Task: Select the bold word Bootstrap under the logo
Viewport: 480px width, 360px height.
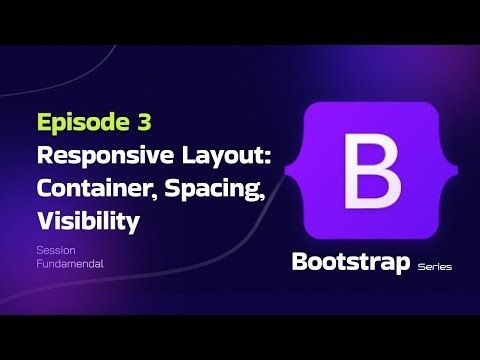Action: pyautogui.click(x=350, y=263)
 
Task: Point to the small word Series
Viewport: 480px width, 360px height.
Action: pyautogui.click(x=435, y=267)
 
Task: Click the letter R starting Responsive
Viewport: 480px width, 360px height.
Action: pyautogui.click(x=44, y=156)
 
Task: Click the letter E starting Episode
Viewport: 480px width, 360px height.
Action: pyautogui.click(x=44, y=124)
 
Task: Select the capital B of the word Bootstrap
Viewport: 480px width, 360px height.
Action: pyautogui.click(x=299, y=263)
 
